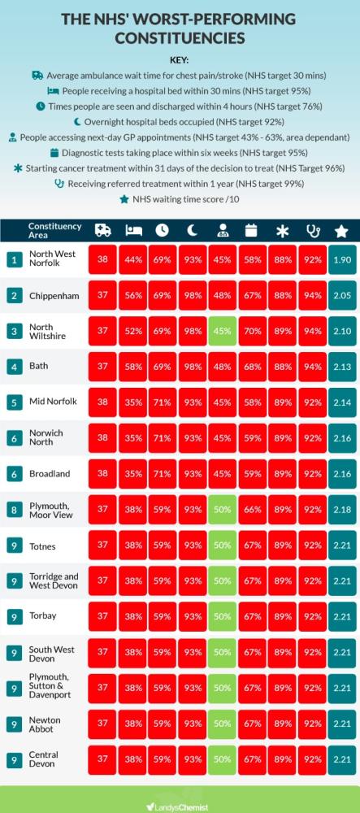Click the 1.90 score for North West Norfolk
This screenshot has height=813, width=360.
pyautogui.click(x=341, y=259)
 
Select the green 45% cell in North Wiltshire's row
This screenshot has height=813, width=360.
pyautogui.click(x=222, y=331)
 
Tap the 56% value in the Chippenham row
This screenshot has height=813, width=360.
pyautogui.click(x=133, y=295)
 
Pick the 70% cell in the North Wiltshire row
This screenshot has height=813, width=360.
pyautogui.click(x=251, y=331)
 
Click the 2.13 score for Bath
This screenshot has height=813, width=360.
pyautogui.click(x=341, y=367)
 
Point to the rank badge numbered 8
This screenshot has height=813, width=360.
pyautogui.click(x=15, y=510)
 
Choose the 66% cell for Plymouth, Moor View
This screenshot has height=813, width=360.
pyautogui.click(x=251, y=510)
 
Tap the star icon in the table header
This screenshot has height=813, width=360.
pyautogui.click(x=341, y=231)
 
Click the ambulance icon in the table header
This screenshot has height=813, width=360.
pyautogui.click(x=103, y=231)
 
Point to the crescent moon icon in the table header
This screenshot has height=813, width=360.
pyautogui.click(x=193, y=231)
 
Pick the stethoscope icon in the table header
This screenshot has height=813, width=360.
pyautogui.click(x=310, y=231)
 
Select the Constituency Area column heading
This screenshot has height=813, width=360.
pyautogui.click(x=54, y=230)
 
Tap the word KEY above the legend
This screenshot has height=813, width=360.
pyautogui.click(x=180, y=59)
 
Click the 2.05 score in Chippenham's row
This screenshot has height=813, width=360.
pyautogui.click(x=341, y=295)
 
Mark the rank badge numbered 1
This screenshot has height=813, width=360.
pyautogui.click(x=15, y=259)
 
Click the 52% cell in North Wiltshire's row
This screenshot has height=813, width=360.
pyautogui.click(x=133, y=331)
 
